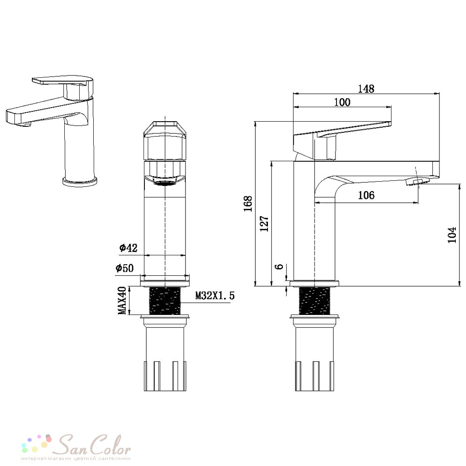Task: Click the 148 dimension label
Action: pyautogui.click(x=366, y=89)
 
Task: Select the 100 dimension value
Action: pyautogui.click(x=342, y=102)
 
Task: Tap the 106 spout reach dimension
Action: pyautogui.click(x=366, y=195)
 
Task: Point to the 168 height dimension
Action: pyautogui.click(x=248, y=204)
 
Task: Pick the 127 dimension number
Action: pyautogui.click(x=264, y=224)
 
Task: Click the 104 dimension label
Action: pyautogui.click(x=452, y=235)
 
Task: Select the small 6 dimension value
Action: pyautogui.click(x=280, y=267)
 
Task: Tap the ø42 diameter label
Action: pyautogui.click(x=129, y=247)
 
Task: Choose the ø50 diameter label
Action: pyautogui.click(x=124, y=268)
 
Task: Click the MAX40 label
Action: pyautogui.click(x=122, y=301)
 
